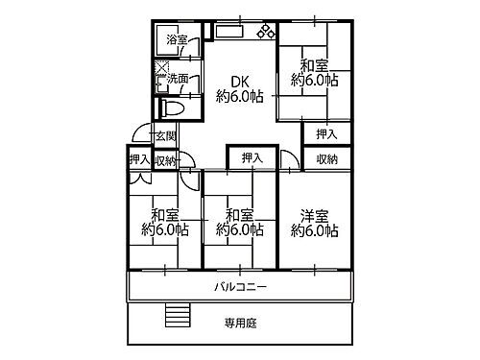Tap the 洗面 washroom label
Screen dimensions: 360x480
179,77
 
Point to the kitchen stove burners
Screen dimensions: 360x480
263,33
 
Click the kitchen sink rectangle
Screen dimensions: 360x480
231,32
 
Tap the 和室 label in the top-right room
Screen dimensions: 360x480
313,66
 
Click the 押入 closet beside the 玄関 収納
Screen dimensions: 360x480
138,159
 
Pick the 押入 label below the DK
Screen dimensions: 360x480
252,156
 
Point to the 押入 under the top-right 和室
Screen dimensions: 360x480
325,134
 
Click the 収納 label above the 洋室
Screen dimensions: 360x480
325,159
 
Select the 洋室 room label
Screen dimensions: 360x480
313,215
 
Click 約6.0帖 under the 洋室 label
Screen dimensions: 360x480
313,230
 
